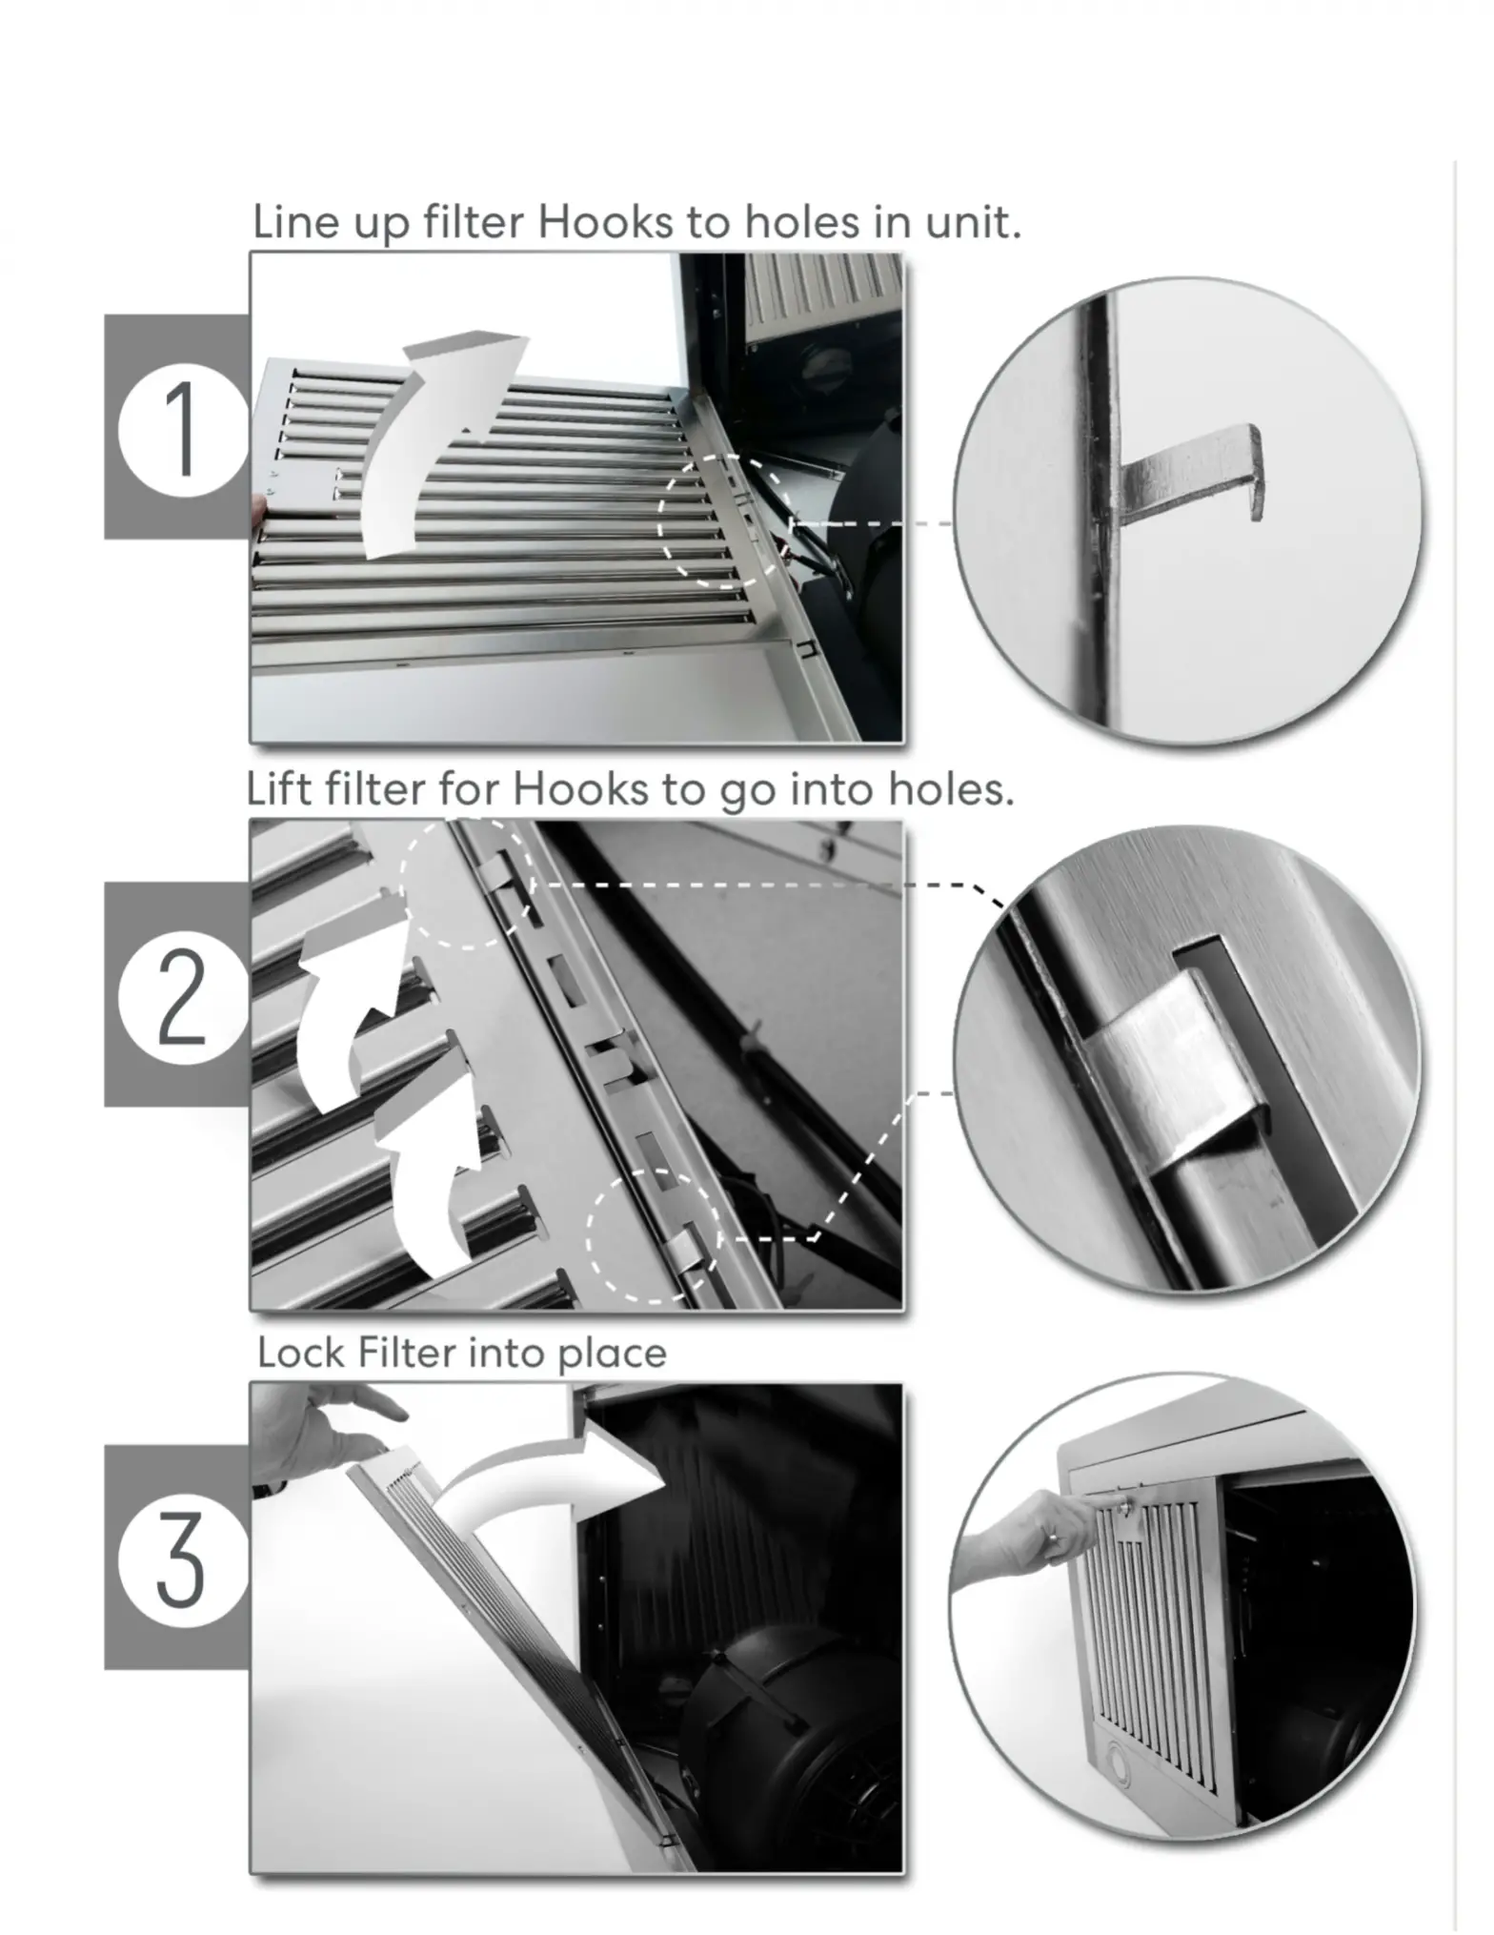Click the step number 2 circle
179,996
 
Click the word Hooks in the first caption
605,223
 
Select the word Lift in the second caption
277,789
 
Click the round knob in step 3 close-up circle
1117,1766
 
